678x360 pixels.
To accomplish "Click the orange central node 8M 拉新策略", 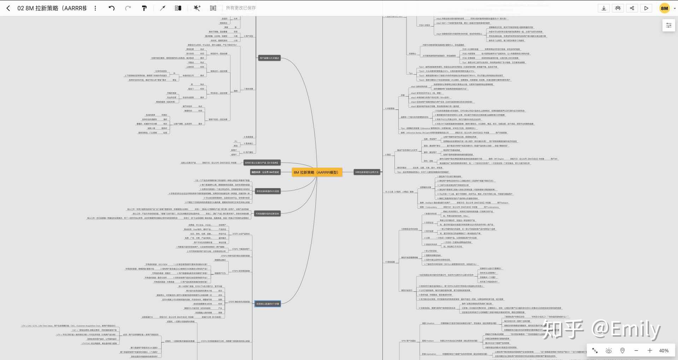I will point(317,172).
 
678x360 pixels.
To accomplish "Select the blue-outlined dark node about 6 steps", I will point(268,304).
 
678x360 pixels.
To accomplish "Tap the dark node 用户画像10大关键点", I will point(269,58).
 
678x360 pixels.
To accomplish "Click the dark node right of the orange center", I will point(367,172).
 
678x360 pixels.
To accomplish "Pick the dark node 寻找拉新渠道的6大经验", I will point(268,191).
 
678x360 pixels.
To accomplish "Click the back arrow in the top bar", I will point(8,8).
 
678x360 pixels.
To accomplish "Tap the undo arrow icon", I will point(112,8).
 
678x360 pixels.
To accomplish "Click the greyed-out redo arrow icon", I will point(128,8).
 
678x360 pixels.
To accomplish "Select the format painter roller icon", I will point(144,8).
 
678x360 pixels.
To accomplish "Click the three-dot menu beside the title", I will point(95,8).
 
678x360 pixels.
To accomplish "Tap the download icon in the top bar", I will point(604,8).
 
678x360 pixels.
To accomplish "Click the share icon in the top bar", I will point(632,8).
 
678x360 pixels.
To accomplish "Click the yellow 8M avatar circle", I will point(665,8).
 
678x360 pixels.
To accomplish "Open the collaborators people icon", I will point(618,8).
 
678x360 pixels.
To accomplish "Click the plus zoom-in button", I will point(650,350).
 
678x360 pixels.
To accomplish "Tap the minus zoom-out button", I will point(636,350).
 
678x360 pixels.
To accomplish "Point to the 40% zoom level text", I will point(664,350).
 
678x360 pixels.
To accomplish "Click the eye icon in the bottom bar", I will point(609,350).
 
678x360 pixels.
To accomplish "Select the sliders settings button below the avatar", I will point(668,25).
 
